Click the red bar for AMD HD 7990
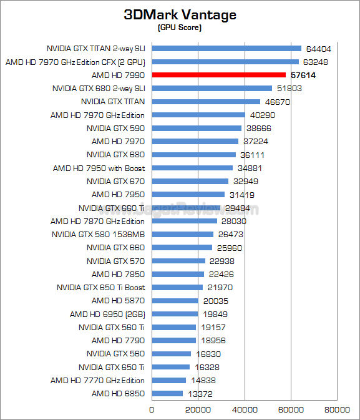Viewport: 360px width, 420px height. point(218,75)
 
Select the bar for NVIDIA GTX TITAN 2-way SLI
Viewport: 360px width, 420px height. point(226,48)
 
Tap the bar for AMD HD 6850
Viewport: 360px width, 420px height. point(167,393)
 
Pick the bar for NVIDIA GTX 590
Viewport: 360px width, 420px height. point(197,128)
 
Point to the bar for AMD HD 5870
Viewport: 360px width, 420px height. point(175,300)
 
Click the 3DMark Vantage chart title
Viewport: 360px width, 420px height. point(180,14)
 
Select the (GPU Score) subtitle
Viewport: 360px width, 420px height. point(180,27)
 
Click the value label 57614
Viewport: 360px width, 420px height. point(303,75)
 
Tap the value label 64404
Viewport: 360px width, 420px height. point(319,48)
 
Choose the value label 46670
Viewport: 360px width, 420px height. point(278,102)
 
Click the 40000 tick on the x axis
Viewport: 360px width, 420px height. point(245,409)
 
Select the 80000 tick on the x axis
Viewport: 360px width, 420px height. point(336,409)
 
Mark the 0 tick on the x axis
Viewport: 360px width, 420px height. point(152,409)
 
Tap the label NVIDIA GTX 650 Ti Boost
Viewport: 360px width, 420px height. point(100,287)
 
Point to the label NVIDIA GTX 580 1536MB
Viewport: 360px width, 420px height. point(98,235)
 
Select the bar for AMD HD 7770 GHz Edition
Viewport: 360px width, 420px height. point(169,380)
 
